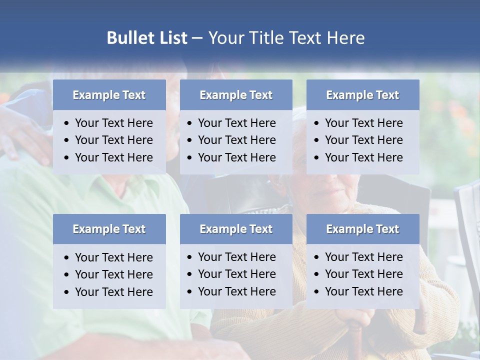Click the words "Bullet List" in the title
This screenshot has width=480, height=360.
click(147, 38)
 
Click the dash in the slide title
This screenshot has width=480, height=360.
click(197, 38)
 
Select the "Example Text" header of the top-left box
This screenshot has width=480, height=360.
click(109, 95)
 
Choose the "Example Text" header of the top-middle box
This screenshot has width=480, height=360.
click(236, 95)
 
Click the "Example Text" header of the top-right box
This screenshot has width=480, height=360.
click(362, 95)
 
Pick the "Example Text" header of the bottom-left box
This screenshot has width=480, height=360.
click(109, 229)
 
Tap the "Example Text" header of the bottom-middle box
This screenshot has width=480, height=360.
click(236, 229)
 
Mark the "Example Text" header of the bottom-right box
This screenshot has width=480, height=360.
click(362, 229)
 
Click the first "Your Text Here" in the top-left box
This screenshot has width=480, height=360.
click(114, 123)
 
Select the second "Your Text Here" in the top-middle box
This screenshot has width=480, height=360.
click(237, 140)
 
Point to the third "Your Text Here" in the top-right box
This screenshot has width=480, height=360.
click(364, 157)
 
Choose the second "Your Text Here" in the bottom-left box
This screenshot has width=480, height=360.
click(114, 274)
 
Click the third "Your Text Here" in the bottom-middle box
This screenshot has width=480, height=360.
click(237, 291)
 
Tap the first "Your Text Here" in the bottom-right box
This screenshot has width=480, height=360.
click(364, 257)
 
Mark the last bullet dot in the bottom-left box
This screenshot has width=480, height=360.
click(67, 292)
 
